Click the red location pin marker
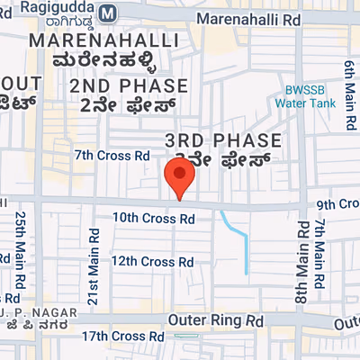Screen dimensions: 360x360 [x=180, y=176]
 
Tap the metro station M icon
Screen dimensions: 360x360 [x=109, y=13]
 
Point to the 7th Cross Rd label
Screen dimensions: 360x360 [x=112, y=155]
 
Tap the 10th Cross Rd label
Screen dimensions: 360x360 [x=153, y=218]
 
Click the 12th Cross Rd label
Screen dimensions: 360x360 [x=153, y=261]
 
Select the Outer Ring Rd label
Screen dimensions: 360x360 [x=216, y=319]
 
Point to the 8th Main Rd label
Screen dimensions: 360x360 [x=299, y=256]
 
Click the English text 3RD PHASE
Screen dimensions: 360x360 [x=224, y=140]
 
